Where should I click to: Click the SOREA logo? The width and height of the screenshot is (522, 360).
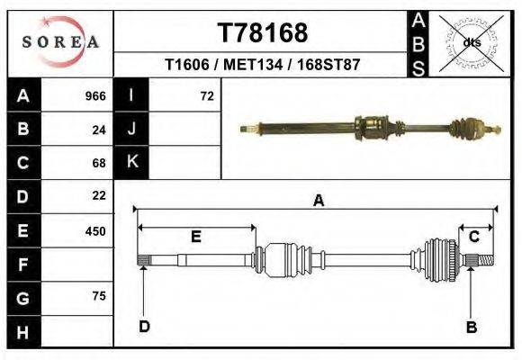(59, 42)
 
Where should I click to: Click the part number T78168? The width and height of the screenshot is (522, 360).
(263, 33)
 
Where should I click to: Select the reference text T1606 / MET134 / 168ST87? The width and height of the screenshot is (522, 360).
(263, 66)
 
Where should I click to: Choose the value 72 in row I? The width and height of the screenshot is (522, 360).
(206, 96)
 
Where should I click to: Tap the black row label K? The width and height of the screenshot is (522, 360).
(132, 162)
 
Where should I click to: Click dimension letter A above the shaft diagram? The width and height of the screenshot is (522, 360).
(318, 201)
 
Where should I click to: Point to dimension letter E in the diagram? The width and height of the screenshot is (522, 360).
(195, 237)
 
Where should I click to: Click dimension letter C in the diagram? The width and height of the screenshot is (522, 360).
(473, 236)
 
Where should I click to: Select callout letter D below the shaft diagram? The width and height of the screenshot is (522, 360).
(144, 327)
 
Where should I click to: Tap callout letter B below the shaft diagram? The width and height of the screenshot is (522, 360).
(471, 327)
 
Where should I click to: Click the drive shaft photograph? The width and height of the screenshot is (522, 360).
(369, 127)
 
